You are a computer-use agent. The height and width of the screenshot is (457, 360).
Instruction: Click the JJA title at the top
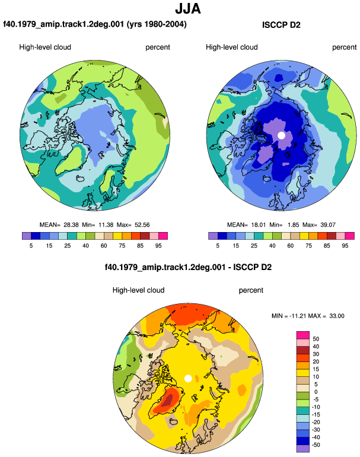(x=188, y=9)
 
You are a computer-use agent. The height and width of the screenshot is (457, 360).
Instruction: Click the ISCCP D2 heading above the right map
(x=281, y=25)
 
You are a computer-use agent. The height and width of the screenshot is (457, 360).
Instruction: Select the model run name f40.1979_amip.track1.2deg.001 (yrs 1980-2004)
(x=95, y=24)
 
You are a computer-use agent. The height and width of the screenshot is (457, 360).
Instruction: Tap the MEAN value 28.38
(x=71, y=225)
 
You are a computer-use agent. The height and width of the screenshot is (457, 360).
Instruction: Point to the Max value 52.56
(x=142, y=225)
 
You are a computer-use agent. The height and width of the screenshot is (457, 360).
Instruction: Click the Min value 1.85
(x=293, y=225)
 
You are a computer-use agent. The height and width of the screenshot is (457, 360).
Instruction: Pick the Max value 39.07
(x=328, y=225)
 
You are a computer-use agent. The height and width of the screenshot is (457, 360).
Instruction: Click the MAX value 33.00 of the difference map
(x=337, y=316)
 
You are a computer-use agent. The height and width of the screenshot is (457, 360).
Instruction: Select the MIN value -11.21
(x=297, y=316)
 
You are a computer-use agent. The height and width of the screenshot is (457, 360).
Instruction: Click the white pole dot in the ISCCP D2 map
(x=281, y=135)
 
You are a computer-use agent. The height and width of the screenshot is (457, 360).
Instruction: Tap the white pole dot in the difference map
(x=188, y=378)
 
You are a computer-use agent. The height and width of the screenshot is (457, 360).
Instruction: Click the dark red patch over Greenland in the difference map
(x=167, y=401)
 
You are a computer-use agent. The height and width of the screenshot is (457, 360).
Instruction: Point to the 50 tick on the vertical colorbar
(x=316, y=339)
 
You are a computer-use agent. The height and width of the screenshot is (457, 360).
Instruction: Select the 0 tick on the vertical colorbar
(x=316, y=392)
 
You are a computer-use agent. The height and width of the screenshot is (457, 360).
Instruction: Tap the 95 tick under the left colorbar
(x=158, y=246)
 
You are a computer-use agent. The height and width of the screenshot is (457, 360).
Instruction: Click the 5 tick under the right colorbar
(x=218, y=246)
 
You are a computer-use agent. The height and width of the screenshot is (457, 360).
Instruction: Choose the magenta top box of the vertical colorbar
(x=303, y=335)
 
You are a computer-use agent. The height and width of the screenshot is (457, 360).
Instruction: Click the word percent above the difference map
(x=251, y=291)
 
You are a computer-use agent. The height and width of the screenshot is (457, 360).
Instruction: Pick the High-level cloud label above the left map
(x=45, y=47)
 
